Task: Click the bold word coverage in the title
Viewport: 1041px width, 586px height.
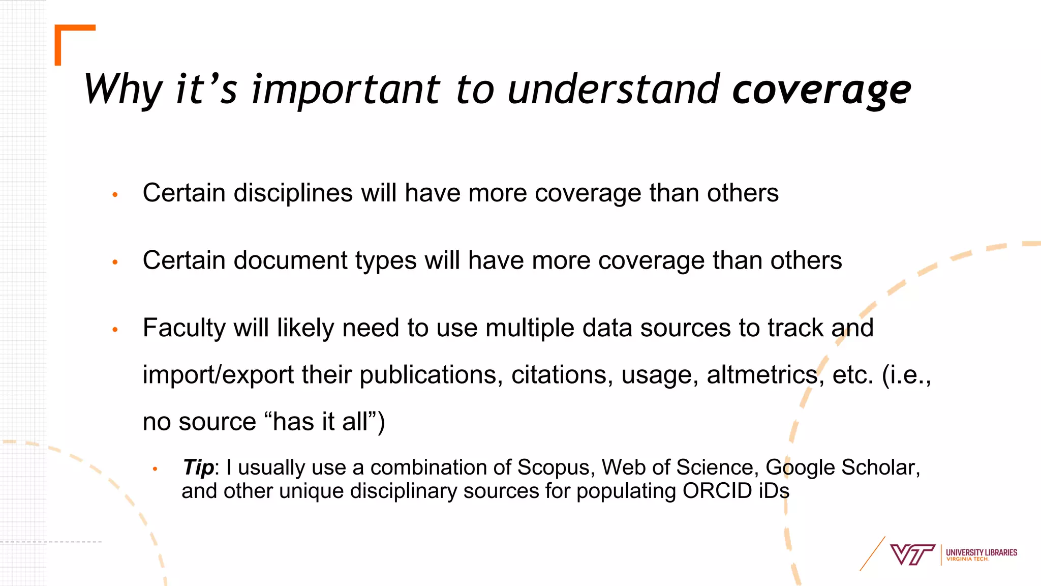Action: point(821,91)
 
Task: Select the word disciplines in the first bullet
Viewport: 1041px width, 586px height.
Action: point(293,193)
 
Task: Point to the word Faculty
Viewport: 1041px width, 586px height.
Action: point(183,328)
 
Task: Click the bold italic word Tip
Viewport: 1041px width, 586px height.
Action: point(198,467)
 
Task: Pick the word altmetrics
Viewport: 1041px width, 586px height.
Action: point(761,375)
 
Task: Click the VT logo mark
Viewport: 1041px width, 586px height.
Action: point(912,554)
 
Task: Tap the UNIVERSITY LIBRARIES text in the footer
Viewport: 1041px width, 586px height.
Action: point(981,552)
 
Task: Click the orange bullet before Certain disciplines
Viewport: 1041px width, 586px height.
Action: point(115,195)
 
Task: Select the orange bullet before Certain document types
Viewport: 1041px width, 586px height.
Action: point(115,262)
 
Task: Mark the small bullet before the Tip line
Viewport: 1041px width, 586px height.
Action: point(156,469)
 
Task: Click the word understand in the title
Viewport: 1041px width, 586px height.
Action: point(614,91)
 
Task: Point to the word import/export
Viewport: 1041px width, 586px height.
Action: point(218,375)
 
